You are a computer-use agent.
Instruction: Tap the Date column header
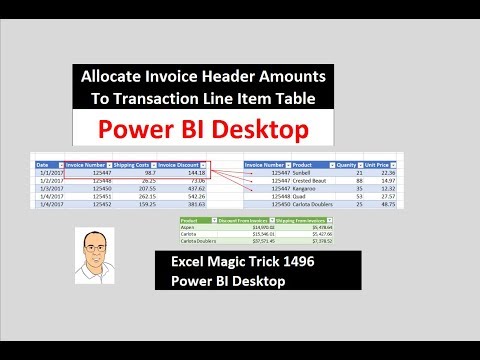(44, 164)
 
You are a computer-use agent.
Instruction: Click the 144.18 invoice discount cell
(194, 172)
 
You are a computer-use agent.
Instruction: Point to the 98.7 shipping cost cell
(144, 172)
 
